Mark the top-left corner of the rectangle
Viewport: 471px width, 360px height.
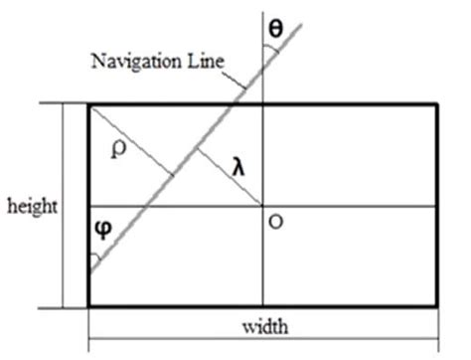click(x=88, y=103)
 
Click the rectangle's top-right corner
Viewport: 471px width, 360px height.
click(x=439, y=103)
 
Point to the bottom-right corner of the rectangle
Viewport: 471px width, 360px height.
click(x=439, y=305)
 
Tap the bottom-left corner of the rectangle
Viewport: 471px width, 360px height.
click(x=88, y=305)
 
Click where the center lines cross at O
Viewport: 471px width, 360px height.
click(x=263, y=206)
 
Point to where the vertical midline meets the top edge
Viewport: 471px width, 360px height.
click(x=263, y=103)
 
